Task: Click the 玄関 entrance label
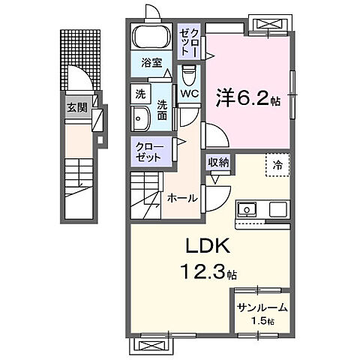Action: [x=76, y=107]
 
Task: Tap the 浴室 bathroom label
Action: [x=152, y=63]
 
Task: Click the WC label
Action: [x=187, y=94]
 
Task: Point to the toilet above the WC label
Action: [x=188, y=74]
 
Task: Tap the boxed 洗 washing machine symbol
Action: [x=141, y=94]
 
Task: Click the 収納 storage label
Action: [x=218, y=161]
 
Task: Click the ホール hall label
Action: [x=182, y=198]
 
